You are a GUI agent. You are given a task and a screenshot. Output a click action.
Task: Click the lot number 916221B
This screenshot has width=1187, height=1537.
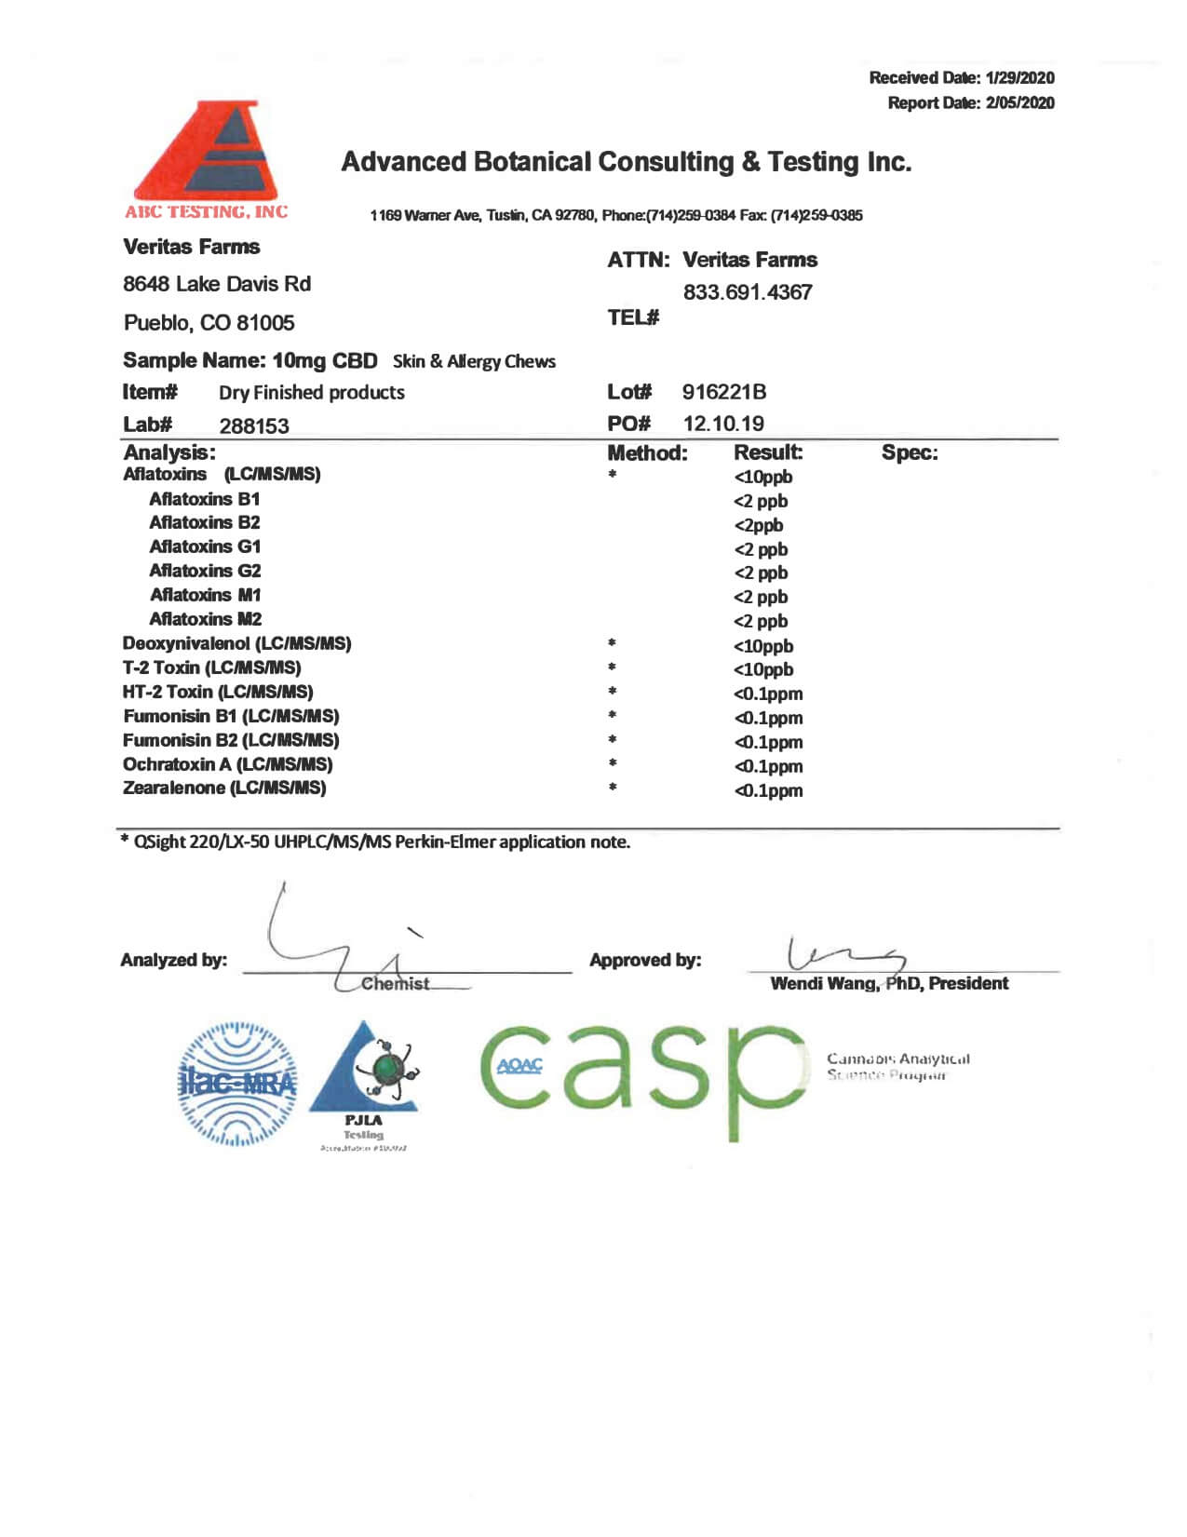click(x=724, y=392)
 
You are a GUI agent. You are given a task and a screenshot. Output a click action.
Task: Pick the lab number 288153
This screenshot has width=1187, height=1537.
click(x=254, y=426)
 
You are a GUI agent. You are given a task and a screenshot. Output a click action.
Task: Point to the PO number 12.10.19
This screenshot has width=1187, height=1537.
click(x=723, y=424)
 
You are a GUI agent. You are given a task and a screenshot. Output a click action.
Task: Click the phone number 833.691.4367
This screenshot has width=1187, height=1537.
click(x=748, y=292)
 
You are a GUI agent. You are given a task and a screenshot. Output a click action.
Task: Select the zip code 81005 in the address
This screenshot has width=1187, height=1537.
click(x=265, y=323)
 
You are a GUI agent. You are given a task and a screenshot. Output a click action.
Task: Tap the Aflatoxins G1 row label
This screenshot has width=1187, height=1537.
click(x=205, y=546)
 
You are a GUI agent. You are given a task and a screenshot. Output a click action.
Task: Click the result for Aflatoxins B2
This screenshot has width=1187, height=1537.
click(x=759, y=525)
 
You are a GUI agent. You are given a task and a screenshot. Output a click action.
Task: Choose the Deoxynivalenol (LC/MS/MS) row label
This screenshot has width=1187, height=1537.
click(x=236, y=643)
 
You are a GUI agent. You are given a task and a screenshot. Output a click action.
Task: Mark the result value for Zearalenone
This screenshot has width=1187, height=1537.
click(x=768, y=790)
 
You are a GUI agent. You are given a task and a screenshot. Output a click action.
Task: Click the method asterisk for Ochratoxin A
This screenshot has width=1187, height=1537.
click(x=612, y=764)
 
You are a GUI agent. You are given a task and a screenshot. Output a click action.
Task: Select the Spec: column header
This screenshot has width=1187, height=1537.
click(x=910, y=453)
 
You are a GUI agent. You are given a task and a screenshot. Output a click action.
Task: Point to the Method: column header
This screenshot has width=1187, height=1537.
click(x=647, y=453)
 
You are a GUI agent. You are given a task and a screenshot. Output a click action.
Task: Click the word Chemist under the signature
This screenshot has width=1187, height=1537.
click(x=396, y=984)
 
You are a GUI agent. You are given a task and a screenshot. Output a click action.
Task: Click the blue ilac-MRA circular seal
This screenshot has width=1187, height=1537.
click(x=237, y=1084)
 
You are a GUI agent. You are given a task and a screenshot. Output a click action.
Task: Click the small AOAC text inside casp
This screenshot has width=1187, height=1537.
click(x=519, y=1066)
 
